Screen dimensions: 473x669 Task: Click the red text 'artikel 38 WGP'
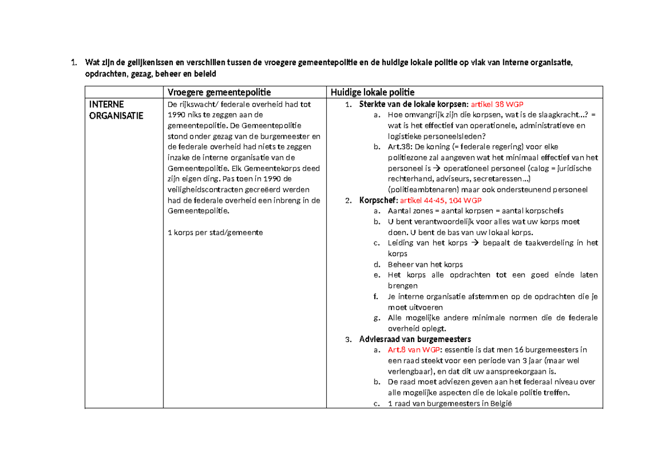(x=497, y=104)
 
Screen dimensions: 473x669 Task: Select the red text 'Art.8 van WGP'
(x=413, y=350)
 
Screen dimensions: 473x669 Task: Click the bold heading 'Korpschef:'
(x=379, y=200)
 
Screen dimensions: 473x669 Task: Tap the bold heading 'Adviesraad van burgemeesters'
(x=415, y=339)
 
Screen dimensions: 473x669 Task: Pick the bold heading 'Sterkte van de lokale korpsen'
(x=413, y=104)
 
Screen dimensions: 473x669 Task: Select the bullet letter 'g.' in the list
(x=377, y=318)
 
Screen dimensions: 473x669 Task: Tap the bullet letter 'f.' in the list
(x=377, y=297)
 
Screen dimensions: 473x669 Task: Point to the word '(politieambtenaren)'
(x=421, y=189)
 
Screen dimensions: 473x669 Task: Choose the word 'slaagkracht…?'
(x=559, y=115)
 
